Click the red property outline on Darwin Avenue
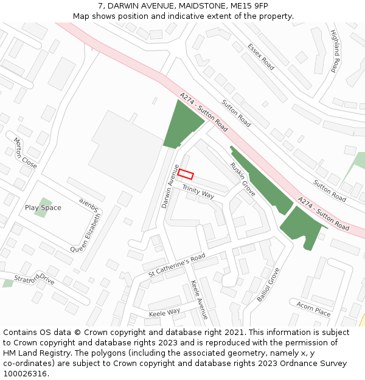(186, 174)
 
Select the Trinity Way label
(198, 191)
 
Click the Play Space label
(43, 208)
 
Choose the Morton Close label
(26, 153)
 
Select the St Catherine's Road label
(177, 266)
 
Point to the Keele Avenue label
(199, 300)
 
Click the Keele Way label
(164, 312)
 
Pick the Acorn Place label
(313, 308)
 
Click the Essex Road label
(261, 56)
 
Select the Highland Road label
(333, 51)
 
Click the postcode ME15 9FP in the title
(251, 6)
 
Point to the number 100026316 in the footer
(26, 374)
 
